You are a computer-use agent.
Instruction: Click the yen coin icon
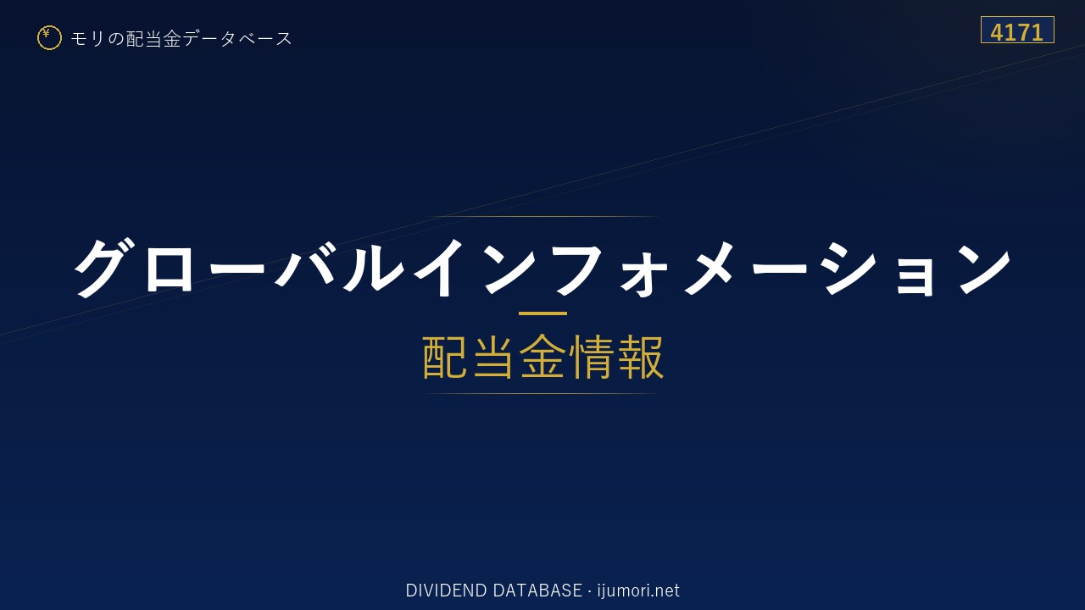click(49, 38)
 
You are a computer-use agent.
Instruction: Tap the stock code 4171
click(1016, 32)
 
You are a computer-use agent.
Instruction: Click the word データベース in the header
click(238, 38)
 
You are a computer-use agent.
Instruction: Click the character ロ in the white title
click(169, 269)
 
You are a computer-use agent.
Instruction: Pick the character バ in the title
click(306, 266)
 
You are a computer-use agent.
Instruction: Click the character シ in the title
click(850, 268)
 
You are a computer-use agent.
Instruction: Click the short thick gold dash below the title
click(542, 313)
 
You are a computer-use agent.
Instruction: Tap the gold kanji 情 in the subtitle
click(591, 358)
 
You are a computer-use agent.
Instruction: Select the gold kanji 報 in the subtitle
click(640, 358)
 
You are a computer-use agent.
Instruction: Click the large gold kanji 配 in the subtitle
click(445, 358)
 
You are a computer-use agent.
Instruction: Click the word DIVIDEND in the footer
click(446, 591)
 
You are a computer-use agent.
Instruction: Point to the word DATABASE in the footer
click(537, 591)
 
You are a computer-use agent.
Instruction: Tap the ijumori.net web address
click(638, 591)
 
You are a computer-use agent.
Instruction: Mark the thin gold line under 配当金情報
click(542, 394)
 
